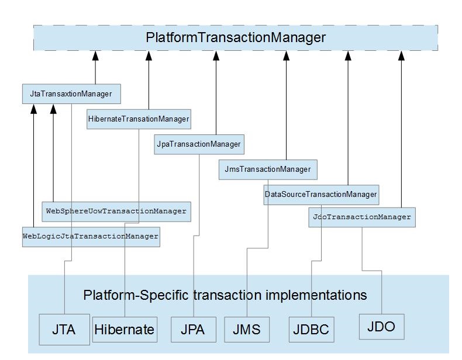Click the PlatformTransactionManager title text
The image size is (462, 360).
tap(235, 38)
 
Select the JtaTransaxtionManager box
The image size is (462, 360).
tap(71, 94)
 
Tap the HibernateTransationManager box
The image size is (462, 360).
tap(139, 119)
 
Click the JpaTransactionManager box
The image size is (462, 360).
tap(199, 144)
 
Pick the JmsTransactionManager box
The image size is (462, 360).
tap(268, 169)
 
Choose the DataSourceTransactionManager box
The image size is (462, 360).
tap(321, 194)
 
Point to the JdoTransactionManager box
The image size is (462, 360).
tap(362, 217)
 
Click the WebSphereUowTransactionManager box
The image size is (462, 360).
tap(116, 211)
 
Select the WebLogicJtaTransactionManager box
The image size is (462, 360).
tap(91, 236)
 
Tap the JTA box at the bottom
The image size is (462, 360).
tap(64, 329)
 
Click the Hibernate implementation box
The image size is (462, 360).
tap(125, 330)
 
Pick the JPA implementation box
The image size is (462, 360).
tap(192, 330)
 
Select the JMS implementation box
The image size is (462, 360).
tap(246, 330)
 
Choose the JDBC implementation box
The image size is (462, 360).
tap(311, 330)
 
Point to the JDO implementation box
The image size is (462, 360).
tap(381, 326)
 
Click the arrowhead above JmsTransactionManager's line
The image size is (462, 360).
tap(287, 56)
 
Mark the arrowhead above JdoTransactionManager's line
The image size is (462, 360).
tap(401, 56)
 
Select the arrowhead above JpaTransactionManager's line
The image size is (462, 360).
tap(216, 56)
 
